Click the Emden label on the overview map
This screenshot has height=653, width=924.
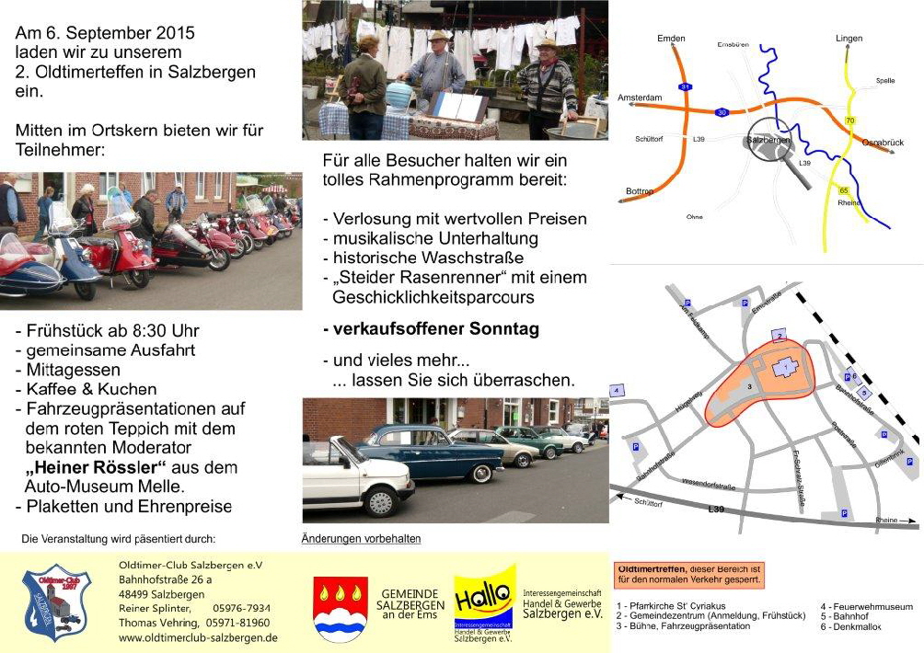pyautogui.click(x=671, y=39)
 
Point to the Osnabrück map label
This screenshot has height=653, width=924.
pyautogui.click(x=883, y=143)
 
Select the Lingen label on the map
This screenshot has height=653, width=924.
pyautogui.click(x=849, y=39)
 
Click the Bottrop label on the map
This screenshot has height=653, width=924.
pyautogui.click(x=640, y=191)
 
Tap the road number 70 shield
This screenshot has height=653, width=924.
pyautogui.click(x=849, y=121)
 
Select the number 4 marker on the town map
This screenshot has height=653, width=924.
pyautogui.click(x=617, y=391)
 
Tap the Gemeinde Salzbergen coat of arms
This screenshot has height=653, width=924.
pyautogui.click(x=340, y=608)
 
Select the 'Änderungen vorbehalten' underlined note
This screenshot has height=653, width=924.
pyautogui.click(x=361, y=538)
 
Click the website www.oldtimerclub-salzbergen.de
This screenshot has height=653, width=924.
pyautogui.click(x=198, y=637)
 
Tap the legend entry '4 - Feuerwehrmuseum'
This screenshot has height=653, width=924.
pyautogui.click(x=866, y=607)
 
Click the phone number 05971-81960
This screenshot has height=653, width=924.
pyautogui.click(x=237, y=623)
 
